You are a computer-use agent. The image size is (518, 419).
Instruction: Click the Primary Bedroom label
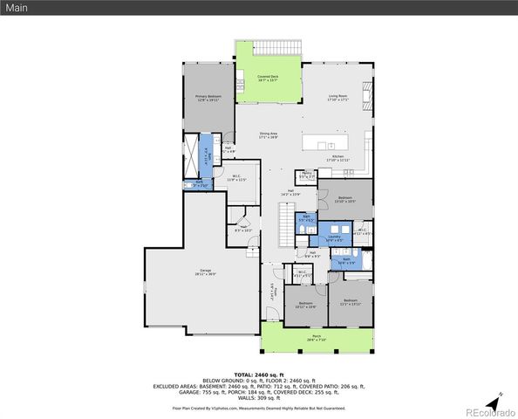pos(208,98)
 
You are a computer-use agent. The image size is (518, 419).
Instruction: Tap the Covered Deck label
pos(268,79)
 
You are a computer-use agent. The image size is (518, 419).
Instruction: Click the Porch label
pos(315,339)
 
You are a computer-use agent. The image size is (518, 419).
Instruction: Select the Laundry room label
pos(334,237)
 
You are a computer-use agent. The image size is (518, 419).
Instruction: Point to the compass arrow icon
pos(494,402)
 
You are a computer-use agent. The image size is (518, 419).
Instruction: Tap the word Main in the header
pos(19,8)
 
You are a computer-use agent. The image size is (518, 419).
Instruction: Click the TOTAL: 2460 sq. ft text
pos(258,373)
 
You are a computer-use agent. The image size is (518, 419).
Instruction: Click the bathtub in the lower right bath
pos(366,260)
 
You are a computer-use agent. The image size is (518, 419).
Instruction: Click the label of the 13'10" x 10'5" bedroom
pos(345,199)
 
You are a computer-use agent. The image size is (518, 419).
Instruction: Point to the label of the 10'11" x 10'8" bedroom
pos(305,305)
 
